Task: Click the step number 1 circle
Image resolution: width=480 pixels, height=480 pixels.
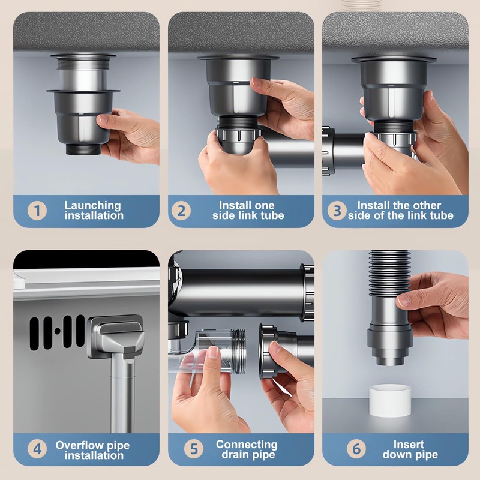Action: pyautogui.click(x=38, y=211)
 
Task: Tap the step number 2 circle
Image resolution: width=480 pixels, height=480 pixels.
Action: pyautogui.click(x=181, y=211)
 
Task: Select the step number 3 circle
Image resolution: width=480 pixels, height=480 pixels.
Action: pyautogui.click(x=338, y=211)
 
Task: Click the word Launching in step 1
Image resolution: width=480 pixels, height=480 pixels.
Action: pyautogui.click(x=92, y=205)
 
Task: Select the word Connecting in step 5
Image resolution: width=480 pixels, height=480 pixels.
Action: pyautogui.click(x=247, y=445)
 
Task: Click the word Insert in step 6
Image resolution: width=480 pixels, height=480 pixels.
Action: pyautogui.click(x=409, y=445)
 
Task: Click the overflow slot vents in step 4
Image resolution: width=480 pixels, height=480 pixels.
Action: pyautogui.click(x=57, y=329)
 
